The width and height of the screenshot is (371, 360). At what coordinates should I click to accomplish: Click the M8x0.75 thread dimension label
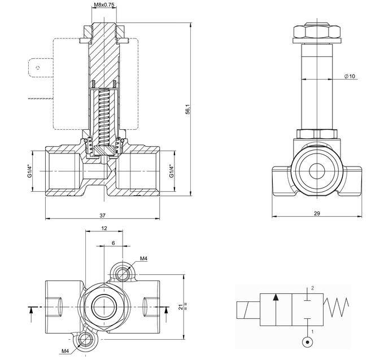point(104,5)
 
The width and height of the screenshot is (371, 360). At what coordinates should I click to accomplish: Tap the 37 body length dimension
point(102,215)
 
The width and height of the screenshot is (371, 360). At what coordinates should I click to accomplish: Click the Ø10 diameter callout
point(350,76)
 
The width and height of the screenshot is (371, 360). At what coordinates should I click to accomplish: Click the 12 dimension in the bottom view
point(104,228)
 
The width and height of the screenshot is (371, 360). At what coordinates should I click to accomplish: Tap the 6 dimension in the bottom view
point(113,242)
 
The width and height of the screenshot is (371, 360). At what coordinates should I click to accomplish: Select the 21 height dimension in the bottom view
point(180,306)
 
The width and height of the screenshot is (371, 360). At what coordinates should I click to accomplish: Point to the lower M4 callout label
point(66,351)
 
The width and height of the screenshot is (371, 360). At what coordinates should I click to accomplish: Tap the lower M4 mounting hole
point(86,339)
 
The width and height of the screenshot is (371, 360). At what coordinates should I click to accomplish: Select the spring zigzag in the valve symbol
point(336,308)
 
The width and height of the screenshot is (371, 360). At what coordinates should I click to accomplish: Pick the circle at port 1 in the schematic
point(307,341)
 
